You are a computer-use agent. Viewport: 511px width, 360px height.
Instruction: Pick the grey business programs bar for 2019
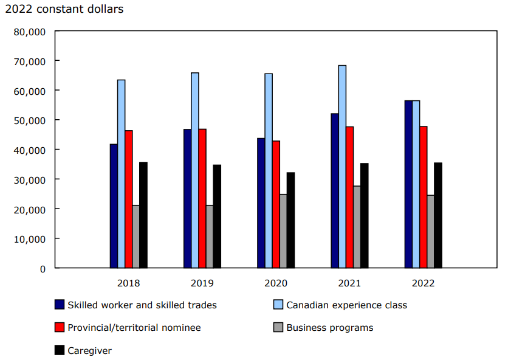210,237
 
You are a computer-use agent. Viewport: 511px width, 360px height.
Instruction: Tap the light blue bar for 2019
194,170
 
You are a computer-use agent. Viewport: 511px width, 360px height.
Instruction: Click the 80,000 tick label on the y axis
29,32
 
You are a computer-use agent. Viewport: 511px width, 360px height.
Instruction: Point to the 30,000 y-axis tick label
29,179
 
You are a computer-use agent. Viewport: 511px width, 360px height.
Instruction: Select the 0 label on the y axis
43,268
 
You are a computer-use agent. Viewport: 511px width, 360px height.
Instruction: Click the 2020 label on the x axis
276,283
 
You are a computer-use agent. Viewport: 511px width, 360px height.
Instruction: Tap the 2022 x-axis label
423,283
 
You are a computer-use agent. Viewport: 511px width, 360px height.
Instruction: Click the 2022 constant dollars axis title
64,9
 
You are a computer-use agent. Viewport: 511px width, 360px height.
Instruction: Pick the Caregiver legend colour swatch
60,350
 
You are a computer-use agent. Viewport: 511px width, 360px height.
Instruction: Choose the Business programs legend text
330,328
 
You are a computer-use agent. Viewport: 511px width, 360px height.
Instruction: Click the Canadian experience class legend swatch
278,305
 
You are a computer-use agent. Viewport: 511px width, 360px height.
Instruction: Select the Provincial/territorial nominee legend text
134,328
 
